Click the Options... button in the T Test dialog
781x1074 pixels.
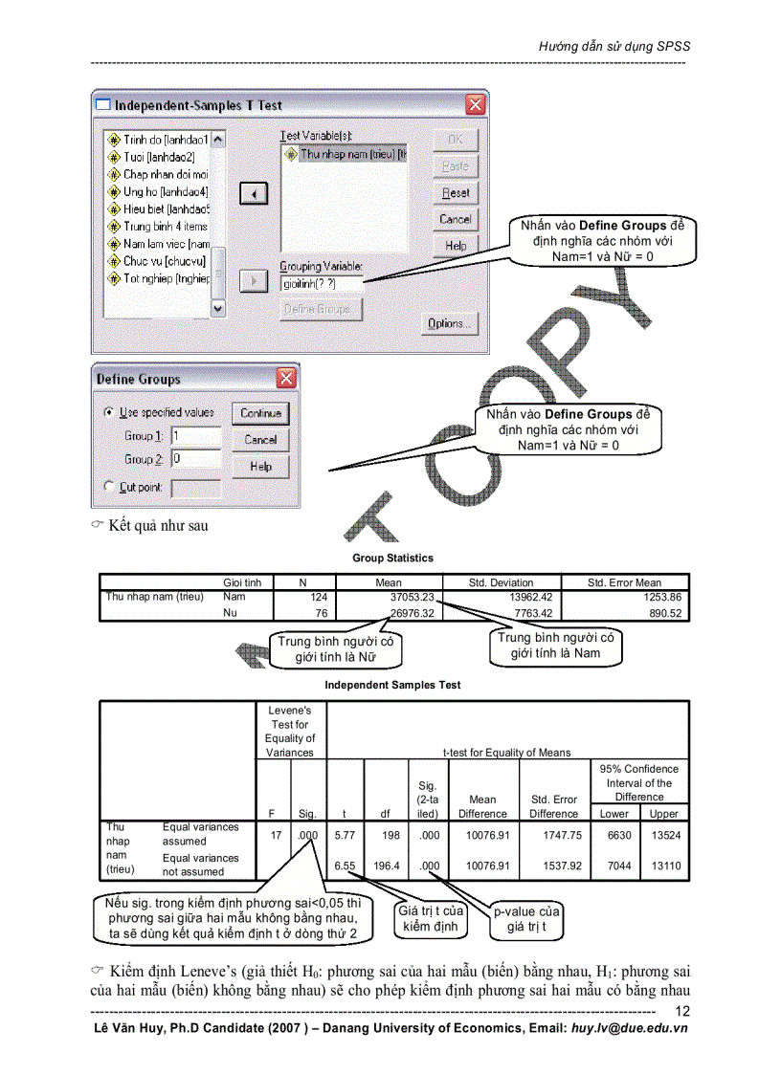click(x=449, y=323)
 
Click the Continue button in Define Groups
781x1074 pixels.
click(x=260, y=413)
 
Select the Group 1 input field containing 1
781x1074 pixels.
click(x=196, y=435)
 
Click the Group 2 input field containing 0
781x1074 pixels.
click(x=196, y=459)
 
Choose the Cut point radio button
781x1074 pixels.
click(x=108, y=487)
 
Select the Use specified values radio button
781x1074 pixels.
click(x=108, y=412)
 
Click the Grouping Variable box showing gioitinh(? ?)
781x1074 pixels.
click(x=321, y=284)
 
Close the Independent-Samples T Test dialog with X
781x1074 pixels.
click(x=475, y=104)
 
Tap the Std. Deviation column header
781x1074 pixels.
click(x=501, y=581)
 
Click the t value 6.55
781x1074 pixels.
click(x=345, y=866)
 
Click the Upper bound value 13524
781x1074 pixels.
click(x=663, y=834)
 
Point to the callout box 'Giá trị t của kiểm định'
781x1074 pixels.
click(x=432, y=918)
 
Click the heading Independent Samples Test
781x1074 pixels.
click(x=392, y=685)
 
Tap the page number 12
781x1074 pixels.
click(x=681, y=1012)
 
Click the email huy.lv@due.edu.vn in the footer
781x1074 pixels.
click(x=629, y=1028)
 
